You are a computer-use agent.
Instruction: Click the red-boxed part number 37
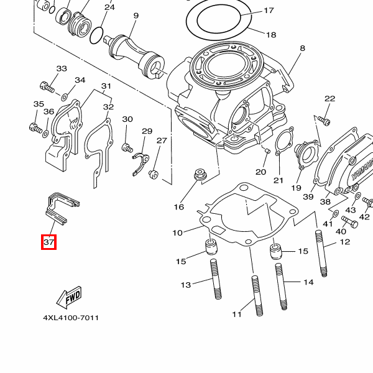coord(49,242)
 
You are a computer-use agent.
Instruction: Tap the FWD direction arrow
coord(69,297)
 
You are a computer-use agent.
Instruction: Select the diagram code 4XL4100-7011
coord(70,318)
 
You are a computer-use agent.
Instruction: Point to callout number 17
coord(269,11)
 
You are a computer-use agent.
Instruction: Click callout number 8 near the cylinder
coord(302,48)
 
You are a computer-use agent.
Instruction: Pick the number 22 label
coord(329,98)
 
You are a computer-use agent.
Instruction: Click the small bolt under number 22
coord(323,118)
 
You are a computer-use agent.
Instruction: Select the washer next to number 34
coord(65,96)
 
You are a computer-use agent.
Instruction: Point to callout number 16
coord(179,206)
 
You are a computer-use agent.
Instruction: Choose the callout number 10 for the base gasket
coord(178,233)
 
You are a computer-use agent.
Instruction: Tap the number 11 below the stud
coord(236,315)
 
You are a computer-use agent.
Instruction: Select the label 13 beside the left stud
coord(185,285)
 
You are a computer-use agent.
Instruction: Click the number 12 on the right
coord(345,242)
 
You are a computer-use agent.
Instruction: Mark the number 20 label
coord(260,172)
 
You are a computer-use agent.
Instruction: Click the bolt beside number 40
coord(348,221)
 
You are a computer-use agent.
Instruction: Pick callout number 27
coord(162,141)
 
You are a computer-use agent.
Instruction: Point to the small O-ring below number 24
coord(97,35)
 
